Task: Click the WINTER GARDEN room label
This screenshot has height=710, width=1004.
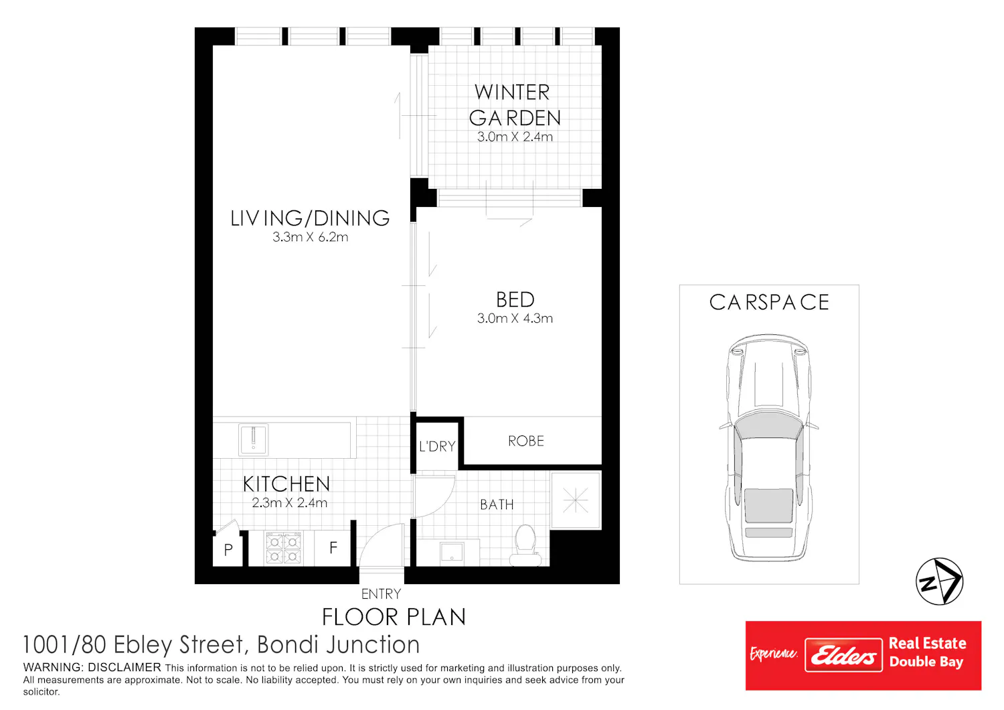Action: pos(515,105)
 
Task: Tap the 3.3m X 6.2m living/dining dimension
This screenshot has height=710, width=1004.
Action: pos(310,237)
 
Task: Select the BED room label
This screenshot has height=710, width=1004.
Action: pos(515,299)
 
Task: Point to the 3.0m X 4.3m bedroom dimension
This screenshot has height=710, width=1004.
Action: pos(515,318)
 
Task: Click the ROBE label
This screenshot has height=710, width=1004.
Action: pos(525,441)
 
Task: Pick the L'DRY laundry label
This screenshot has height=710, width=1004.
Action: pos(437,446)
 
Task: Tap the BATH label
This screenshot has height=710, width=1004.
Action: pos(497,505)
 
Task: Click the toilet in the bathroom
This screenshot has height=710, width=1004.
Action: pos(525,546)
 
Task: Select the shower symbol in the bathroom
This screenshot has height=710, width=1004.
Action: pos(576,500)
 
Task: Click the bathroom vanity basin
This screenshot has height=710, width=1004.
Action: pos(452,552)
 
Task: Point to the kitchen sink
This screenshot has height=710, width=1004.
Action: pos(253,439)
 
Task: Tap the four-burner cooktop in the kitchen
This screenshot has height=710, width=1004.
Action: pos(283,548)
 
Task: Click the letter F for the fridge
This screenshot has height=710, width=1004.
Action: pos(333,548)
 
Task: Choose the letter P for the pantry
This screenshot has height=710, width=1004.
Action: pos(228,549)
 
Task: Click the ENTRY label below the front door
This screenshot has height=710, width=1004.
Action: pos(381,594)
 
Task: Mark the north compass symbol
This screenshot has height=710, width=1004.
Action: pos(939,581)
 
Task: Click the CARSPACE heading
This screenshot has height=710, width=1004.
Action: pos(769,302)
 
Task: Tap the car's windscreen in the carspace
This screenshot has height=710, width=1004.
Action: pos(768,426)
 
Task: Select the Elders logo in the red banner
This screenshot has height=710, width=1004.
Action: pos(843,655)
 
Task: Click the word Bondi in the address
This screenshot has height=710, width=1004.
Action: pos(288,645)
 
